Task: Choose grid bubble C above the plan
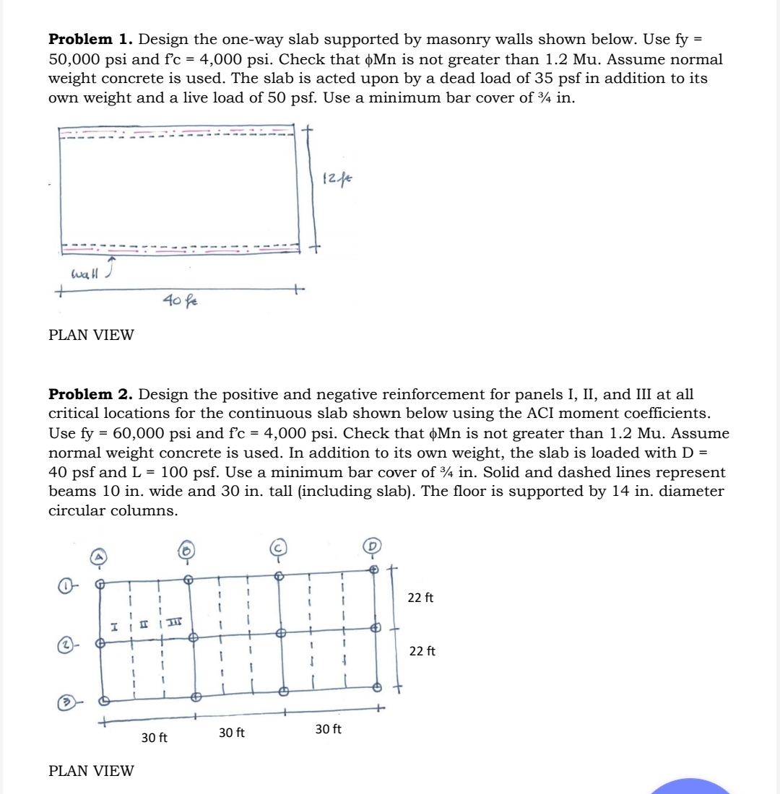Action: pos(278,546)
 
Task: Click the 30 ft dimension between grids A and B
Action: pos(154,738)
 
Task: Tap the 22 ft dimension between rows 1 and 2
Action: pos(421,598)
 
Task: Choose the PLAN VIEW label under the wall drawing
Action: pos(91,335)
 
